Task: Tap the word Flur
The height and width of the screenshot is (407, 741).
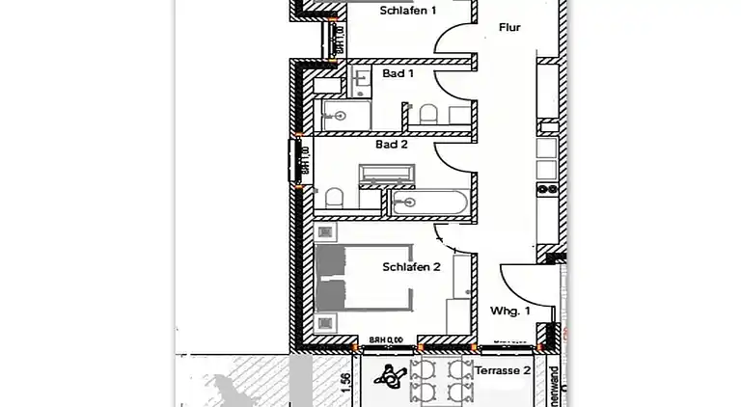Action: [508, 28]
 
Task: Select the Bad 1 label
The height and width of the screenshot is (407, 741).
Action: [398, 73]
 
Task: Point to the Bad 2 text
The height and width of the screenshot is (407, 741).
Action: [392, 144]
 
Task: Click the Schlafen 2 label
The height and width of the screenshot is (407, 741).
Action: [411, 267]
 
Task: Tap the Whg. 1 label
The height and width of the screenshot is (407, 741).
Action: [510, 311]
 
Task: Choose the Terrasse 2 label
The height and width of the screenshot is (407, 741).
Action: [502, 370]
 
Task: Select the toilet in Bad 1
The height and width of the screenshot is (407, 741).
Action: [427, 116]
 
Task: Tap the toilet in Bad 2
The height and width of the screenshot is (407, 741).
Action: [334, 199]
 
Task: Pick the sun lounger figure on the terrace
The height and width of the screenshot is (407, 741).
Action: [390, 377]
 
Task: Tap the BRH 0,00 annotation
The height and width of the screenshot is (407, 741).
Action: [386, 339]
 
